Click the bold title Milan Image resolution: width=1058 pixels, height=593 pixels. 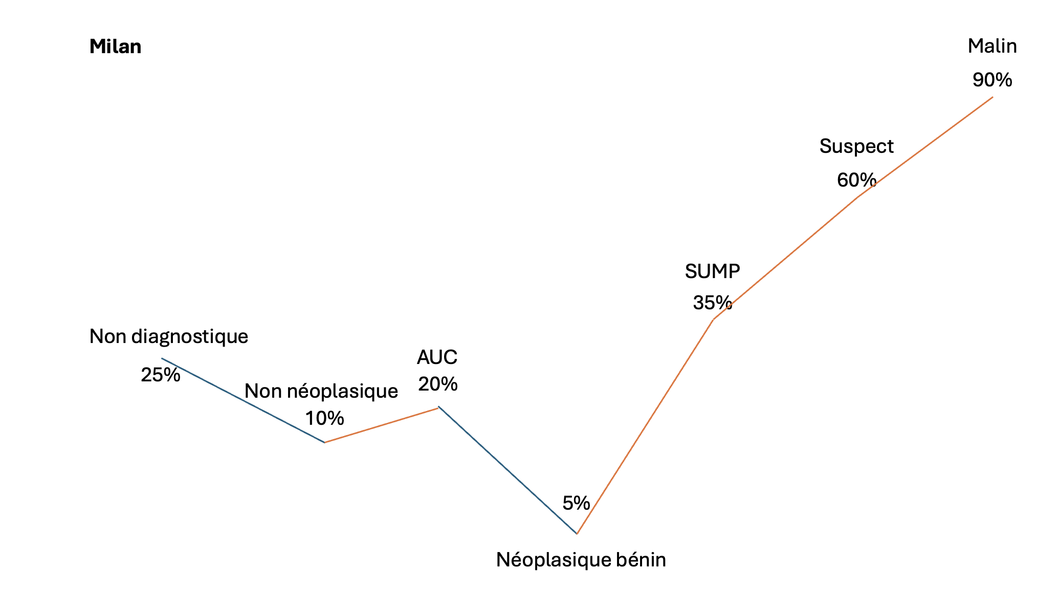(115, 47)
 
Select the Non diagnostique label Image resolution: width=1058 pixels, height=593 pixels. (169, 337)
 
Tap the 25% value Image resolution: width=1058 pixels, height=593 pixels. (161, 375)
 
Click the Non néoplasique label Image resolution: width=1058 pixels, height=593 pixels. (321, 391)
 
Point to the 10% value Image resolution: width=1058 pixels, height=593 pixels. (324, 418)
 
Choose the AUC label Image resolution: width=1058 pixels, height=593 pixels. (437, 357)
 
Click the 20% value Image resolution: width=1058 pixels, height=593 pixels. (437, 383)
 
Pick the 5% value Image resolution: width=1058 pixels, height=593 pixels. (576, 503)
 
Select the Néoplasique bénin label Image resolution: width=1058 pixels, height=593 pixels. (581, 560)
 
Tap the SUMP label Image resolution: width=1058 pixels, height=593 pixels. (713, 271)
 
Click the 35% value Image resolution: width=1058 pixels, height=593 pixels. (713, 303)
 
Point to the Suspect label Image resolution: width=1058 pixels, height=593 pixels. (856, 147)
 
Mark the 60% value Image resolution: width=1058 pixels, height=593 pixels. (856, 179)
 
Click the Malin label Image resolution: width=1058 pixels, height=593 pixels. (993, 46)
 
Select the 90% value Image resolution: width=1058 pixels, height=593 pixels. (993, 80)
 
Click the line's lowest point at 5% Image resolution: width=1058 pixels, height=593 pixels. (577, 534)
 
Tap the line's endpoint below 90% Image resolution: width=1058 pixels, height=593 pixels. (993, 97)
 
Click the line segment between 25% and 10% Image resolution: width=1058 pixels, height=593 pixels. (243, 400)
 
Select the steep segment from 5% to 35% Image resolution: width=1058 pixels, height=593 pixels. (645, 427)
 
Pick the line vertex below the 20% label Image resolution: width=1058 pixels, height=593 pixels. (438, 407)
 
